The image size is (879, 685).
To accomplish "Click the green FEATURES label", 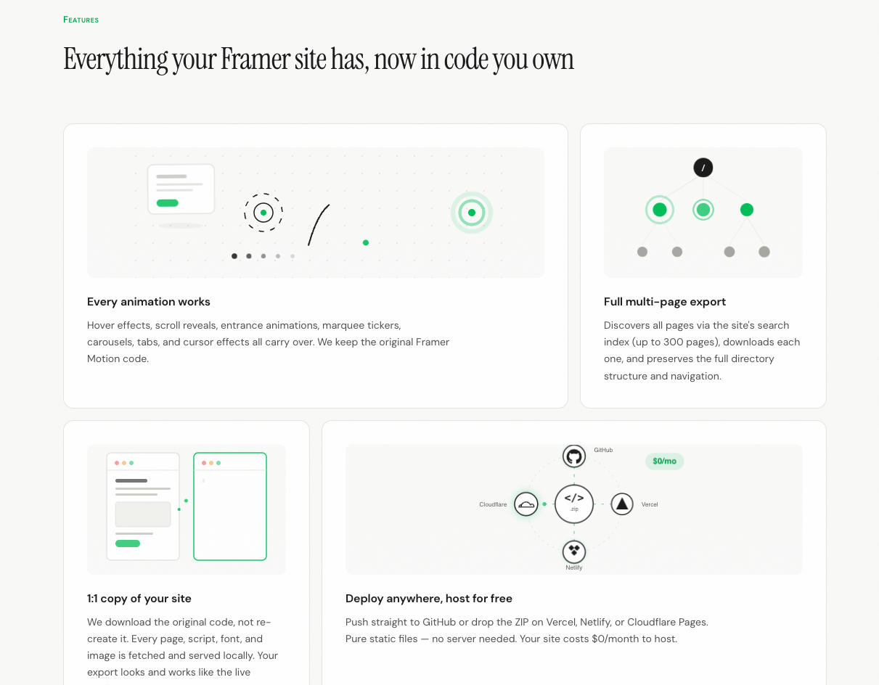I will click(81, 20).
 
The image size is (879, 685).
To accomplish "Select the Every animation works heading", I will click(149, 302).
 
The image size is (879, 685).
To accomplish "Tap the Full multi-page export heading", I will click(665, 302).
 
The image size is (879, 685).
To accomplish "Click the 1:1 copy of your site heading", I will click(139, 599).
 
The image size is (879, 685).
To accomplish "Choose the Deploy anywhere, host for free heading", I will click(429, 599).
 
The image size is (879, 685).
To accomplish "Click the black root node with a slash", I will click(703, 168).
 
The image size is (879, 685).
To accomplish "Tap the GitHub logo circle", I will click(574, 456).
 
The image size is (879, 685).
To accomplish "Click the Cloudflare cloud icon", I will click(526, 504).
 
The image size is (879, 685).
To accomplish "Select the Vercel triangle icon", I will click(622, 504).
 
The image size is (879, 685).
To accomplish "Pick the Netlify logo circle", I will click(574, 551).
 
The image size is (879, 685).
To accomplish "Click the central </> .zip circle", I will click(574, 504).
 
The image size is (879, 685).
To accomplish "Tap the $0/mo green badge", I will click(664, 461).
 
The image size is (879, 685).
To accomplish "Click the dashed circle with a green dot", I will click(263, 213).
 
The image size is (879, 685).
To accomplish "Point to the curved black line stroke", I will click(318, 224).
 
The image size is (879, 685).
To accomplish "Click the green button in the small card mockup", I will click(168, 203).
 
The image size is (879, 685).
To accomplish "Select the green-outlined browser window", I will click(230, 506).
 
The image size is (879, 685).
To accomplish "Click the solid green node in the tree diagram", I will click(746, 210).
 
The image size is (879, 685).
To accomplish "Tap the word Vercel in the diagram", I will click(650, 504).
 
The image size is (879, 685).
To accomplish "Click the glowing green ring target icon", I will click(472, 213).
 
